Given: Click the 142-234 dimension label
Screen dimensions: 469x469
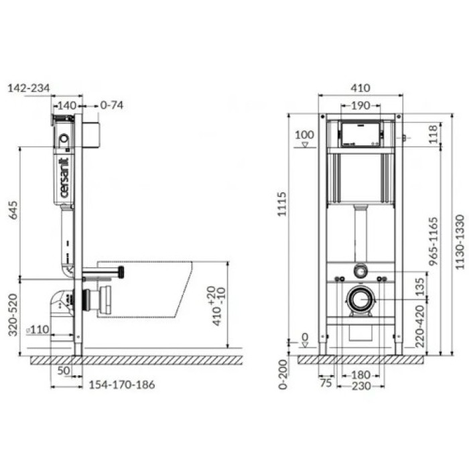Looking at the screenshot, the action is pos(29,88).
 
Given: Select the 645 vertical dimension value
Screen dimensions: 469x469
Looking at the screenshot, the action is pos(13,210).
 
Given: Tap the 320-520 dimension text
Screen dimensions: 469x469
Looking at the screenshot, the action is pos(13,315).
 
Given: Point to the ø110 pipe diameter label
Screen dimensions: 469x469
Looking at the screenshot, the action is pos(38,330).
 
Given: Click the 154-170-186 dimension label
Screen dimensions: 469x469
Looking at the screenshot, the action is pos(122,385).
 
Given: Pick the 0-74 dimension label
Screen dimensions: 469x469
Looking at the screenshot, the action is pos(112,105).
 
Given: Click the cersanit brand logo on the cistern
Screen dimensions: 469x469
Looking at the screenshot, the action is pos(64,178).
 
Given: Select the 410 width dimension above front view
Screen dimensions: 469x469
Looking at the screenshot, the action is pos(360,88).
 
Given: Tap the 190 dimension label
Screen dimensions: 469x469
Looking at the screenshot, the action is pos(360,106).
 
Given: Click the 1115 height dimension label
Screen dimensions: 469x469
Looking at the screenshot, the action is pos(282,204).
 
